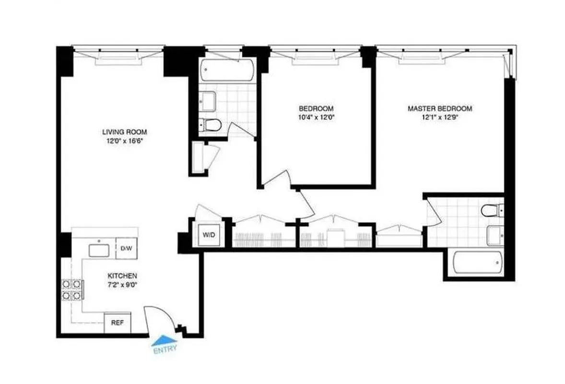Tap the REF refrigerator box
118,323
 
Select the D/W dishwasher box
126,248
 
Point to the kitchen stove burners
71,289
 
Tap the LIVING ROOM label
124,132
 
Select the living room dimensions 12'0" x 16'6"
124,141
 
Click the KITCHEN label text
122,276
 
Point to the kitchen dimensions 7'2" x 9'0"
122,285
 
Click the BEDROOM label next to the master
316,108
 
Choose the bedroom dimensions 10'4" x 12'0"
316,117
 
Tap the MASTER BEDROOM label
439,108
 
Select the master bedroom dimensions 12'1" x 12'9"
439,117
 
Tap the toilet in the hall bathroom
210,125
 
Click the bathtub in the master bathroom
478,263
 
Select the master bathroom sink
495,235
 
